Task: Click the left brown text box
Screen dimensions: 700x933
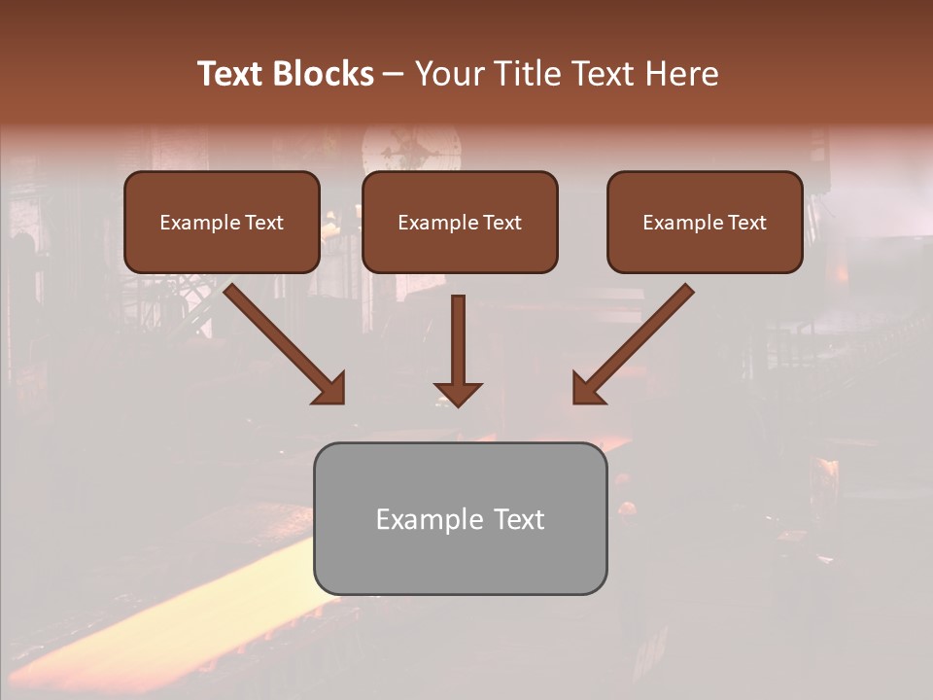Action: (222, 222)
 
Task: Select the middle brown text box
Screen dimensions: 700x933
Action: (460, 222)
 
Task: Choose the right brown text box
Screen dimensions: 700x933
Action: (705, 222)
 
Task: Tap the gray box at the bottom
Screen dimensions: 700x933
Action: (460, 518)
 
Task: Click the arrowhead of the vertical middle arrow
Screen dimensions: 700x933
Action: (458, 394)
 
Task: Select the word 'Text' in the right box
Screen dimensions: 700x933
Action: (747, 223)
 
